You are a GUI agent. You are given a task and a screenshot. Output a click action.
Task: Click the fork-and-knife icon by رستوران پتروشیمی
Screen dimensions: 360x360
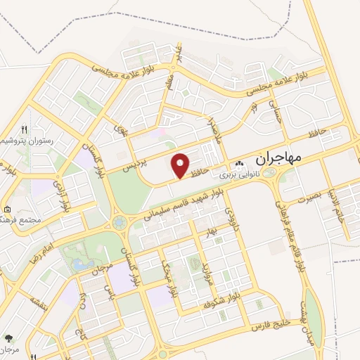(24, 129)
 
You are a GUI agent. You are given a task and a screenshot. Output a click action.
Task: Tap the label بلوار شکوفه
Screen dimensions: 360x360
(218, 304)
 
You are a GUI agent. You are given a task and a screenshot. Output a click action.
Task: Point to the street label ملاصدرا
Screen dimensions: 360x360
(213, 129)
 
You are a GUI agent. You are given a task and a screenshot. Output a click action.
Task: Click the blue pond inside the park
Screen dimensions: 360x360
(77, 265)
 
